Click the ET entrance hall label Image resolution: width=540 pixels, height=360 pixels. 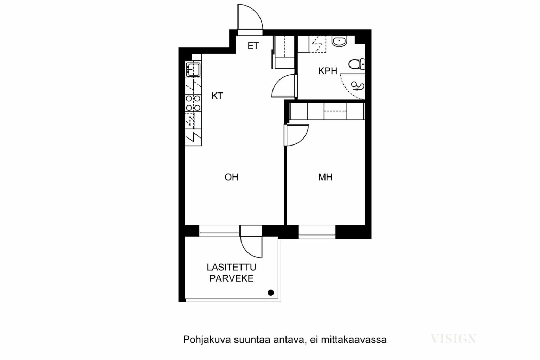click(x=253, y=46)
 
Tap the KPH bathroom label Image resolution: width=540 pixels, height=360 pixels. click(x=327, y=71)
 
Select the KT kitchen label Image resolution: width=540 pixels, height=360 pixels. click(x=217, y=96)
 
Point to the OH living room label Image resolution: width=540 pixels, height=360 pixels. click(x=231, y=177)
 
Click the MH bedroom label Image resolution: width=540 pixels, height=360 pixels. click(x=325, y=177)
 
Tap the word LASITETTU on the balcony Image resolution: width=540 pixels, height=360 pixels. click(x=231, y=267)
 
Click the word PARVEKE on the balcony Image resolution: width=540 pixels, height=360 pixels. click(x=231, y=278)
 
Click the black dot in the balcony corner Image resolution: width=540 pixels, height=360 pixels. click(x=271, y=293)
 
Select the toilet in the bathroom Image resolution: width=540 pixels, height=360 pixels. click(x=356, y=64)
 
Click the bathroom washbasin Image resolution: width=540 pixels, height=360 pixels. click(x=339, y=41)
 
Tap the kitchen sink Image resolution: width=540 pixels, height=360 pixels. click(x=193, y=69)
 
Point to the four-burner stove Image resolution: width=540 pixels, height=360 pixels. click(x=193, y=103)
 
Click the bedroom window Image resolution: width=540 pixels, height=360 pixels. click(x=317, y=232)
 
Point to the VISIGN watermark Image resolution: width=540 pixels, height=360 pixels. click(x=454, y=339)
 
